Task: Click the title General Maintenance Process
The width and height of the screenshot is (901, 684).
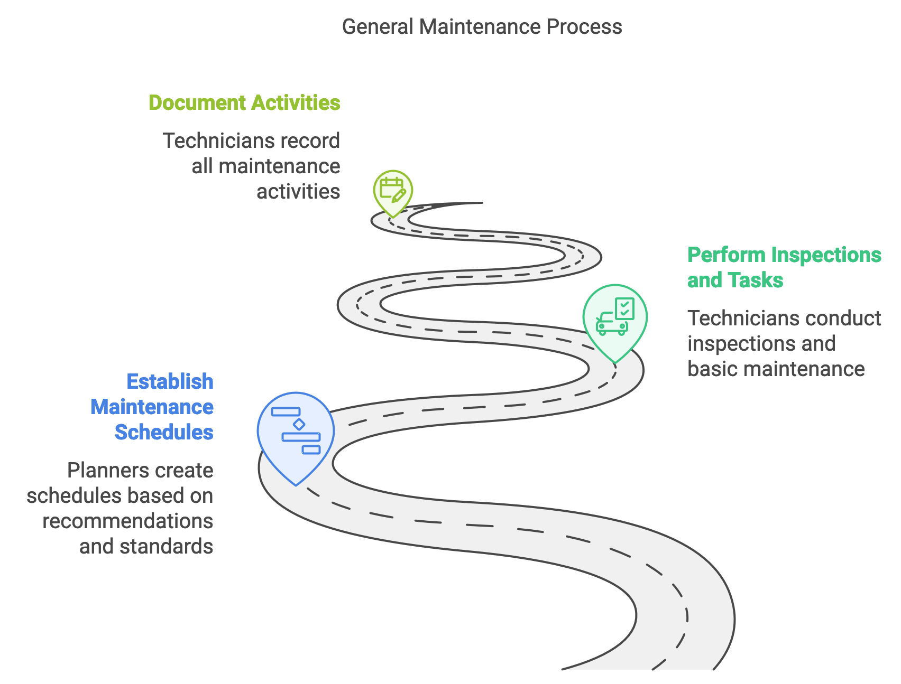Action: tap(482, 27)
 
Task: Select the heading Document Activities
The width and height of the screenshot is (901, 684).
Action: tap(244, 103)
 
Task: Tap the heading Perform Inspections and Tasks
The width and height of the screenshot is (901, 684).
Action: tap(784, 267)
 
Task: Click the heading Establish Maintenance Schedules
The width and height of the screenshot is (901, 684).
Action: tap(152, 407)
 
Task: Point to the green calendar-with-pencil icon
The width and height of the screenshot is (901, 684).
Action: tap(392, 189)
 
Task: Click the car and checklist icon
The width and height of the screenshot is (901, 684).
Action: tap(615, 317)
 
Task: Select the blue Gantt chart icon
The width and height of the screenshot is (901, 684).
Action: tap(296, 430)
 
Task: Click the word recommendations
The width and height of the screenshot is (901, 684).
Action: tap(128, 521)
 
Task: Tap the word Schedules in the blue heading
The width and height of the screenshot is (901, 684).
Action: tap(164, 432)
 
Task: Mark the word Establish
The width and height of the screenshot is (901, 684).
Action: tap(170, 381)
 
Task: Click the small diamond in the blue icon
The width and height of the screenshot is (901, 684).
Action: tap(299, 424)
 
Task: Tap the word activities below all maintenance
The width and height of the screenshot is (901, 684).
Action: tap(298, 192)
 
